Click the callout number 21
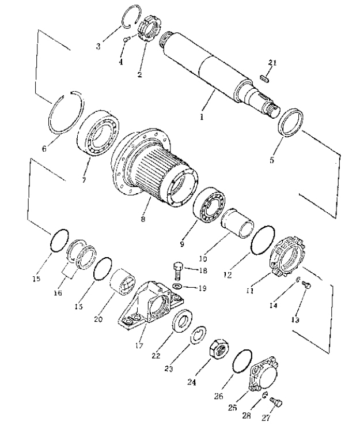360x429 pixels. point(272,63)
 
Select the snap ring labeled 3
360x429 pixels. point(131,16)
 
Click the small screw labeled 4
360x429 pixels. point(126,39)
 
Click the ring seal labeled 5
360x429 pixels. point(291,122)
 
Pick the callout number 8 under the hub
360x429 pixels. point(143,219)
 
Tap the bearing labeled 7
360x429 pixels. point(98,133)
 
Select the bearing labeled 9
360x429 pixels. point(209,203)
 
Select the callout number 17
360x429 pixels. point(139,345)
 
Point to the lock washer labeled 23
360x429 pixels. point(199,335)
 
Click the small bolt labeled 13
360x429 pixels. point(306,285)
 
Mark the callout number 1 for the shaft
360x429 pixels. point(202,117)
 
